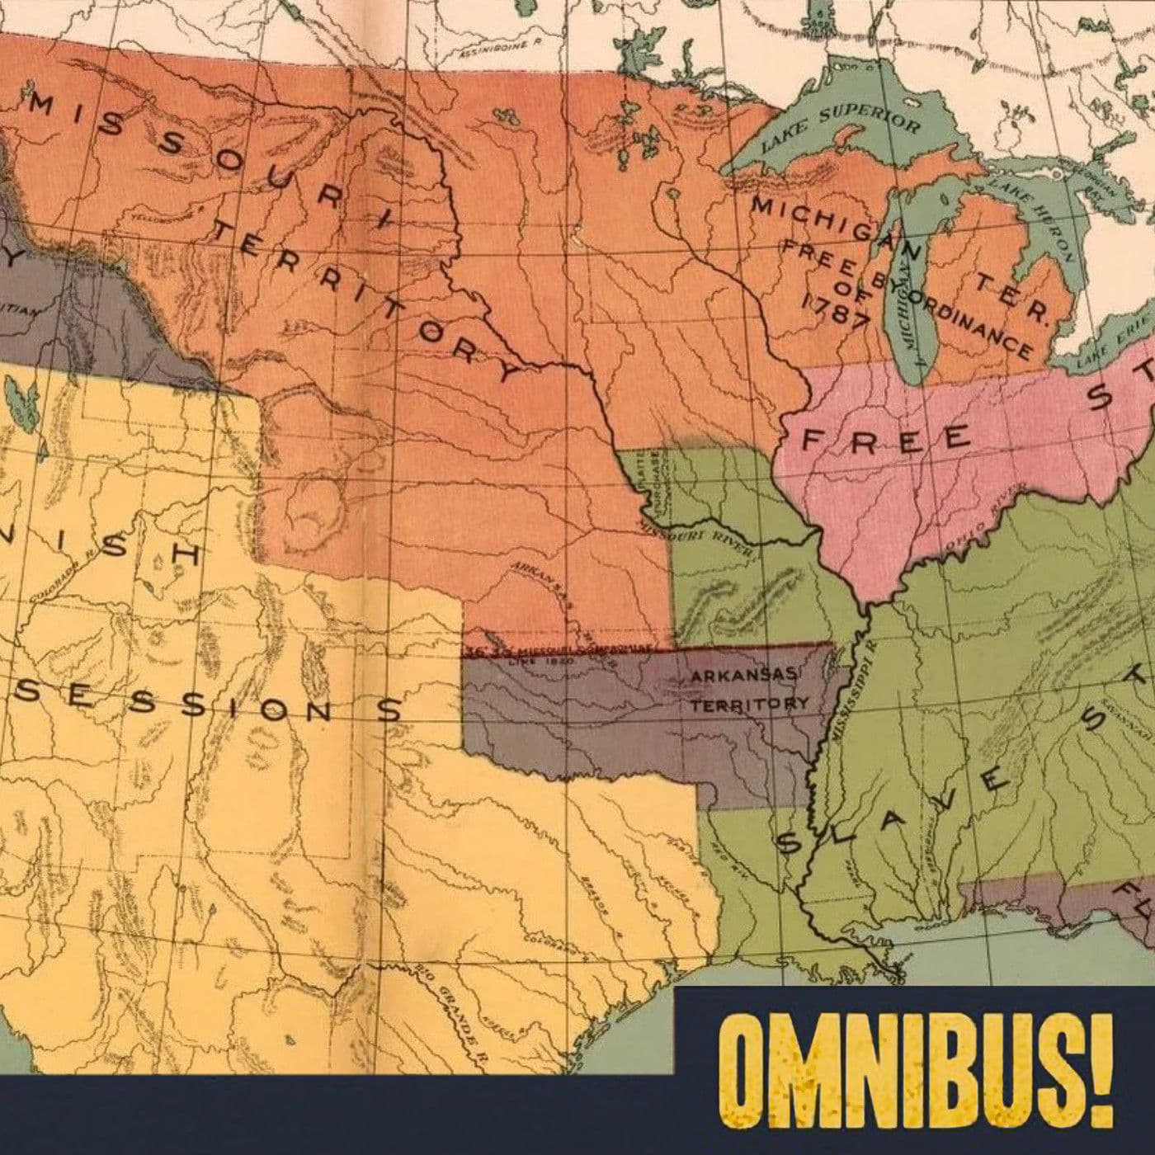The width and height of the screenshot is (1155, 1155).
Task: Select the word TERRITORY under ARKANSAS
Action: click(x=749, y=705)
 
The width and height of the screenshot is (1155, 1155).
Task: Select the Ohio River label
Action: click(x=989, y=516)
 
